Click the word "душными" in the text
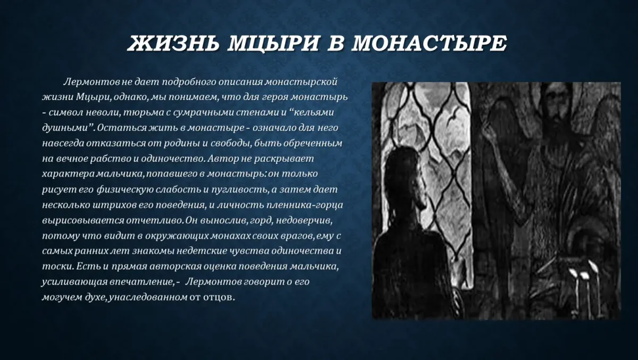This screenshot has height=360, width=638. [63, 129]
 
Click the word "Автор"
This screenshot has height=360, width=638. [223, 159]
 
